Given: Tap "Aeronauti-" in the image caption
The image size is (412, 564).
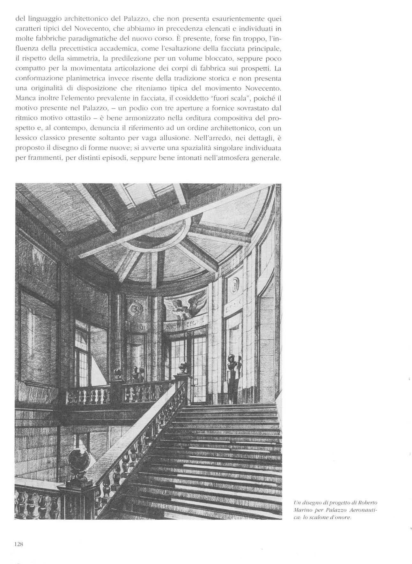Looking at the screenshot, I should (x=367, y=510).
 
